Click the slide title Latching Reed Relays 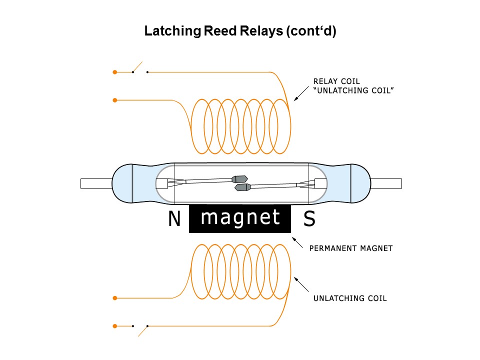[240, 31]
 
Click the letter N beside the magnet [174, 219]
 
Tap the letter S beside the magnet [309, 219]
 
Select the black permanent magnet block [240, 218]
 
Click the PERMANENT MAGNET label [351, 248]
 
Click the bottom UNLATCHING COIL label [350, 298]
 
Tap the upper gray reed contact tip [240, 178]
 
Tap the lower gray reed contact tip [242, 187]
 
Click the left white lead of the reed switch [96, 183]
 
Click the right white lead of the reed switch [386, 183]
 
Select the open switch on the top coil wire [139, 69]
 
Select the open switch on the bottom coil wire [140, 328]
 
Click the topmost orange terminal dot [115, 72]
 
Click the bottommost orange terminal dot [115, 326]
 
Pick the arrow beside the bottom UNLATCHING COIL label [301, 284]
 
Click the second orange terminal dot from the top [115, 100]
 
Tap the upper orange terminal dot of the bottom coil [115, 298]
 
